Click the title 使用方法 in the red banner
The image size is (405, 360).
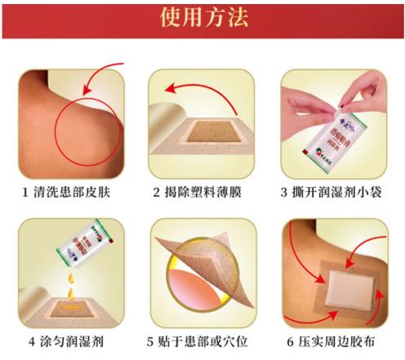[203, 18]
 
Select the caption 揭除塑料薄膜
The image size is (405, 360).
[204, 193]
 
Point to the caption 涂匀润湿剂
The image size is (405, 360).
[78, 341]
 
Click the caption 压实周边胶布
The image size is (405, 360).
[342, 341]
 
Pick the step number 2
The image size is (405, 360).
[156, 193]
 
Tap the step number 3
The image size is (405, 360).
[285, 193]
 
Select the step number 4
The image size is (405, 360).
[32, 341]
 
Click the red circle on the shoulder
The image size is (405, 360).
[91, 131]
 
